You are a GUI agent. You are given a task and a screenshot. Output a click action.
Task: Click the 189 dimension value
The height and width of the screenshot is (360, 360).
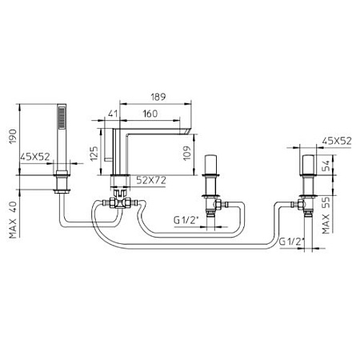(x=158, y=97)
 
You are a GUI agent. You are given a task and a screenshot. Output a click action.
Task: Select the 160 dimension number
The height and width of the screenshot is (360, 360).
(x=150, y=114)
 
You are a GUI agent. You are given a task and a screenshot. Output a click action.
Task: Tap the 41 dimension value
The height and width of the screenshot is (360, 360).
(x=113, y=114)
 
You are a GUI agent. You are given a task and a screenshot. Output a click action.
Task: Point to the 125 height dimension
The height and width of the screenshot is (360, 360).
(x=94, y=154)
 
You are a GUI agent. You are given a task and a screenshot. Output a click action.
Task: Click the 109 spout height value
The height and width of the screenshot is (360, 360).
(x=187, y=153)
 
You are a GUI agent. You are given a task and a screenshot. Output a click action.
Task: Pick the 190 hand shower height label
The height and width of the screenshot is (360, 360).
(x=13, y=136)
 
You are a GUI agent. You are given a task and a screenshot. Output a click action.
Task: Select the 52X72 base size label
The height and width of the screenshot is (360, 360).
(x=151, y=181)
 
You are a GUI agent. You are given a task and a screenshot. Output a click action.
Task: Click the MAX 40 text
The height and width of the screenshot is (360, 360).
(x=13, y=220)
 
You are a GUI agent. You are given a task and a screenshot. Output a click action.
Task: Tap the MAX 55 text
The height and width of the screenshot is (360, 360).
(x=326, y=215)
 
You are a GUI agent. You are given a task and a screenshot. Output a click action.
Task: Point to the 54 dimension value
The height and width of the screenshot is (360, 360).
(x=326, y=166)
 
